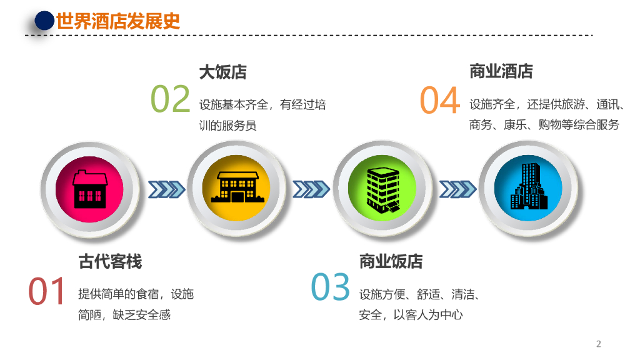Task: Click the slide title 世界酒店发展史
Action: tap(118, 21)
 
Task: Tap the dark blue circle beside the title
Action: tap(44, 21)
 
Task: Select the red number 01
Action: tap(47, 291)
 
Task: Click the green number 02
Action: tap(170, 100)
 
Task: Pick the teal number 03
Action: tap(331, 287)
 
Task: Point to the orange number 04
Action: tap(439, 101)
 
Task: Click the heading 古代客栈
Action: tap(110, 261)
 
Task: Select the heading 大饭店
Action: tap(222, 72)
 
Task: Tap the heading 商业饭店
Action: tap(391, 261)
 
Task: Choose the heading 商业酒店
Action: tap(501, 71)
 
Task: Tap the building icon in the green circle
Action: tap(382, 188)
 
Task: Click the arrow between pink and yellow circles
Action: tap(166, 189)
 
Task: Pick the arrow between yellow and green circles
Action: tap(312, 189)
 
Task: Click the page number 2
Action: tap(598, 344)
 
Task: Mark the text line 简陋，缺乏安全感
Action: tap(124, 314)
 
